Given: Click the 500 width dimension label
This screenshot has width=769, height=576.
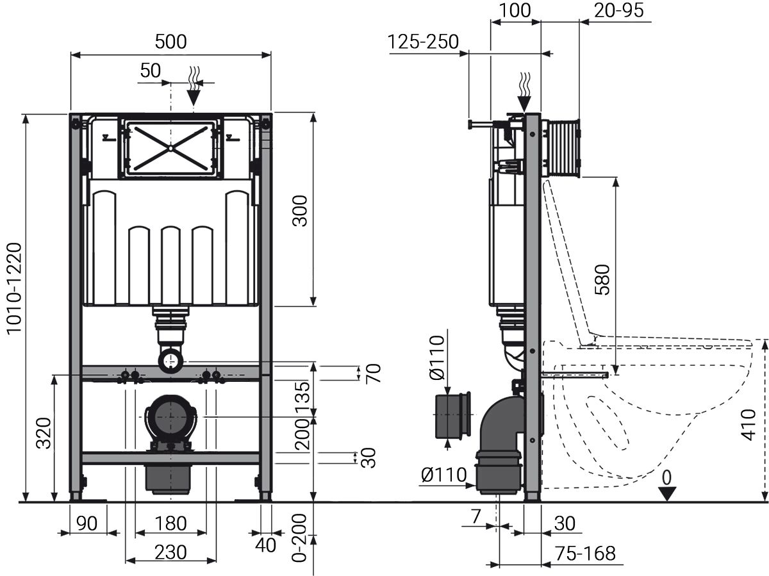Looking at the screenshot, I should coord(170,42).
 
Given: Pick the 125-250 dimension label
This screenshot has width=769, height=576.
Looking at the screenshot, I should coord(423,42).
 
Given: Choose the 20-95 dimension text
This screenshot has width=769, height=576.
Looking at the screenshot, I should coord(618,10).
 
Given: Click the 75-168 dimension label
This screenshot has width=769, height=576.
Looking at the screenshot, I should coord(585,553).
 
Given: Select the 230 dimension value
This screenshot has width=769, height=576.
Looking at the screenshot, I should coord(170,552).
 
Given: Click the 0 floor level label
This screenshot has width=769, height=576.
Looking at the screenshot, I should coord(666,477).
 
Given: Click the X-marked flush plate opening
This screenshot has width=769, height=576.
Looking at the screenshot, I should coord(170,147).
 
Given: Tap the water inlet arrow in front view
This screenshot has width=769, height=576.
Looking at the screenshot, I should coord(192,89).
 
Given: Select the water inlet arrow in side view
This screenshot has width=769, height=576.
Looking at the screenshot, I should coord(525,94).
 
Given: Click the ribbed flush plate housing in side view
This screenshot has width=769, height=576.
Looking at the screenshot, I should coord(562,147).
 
